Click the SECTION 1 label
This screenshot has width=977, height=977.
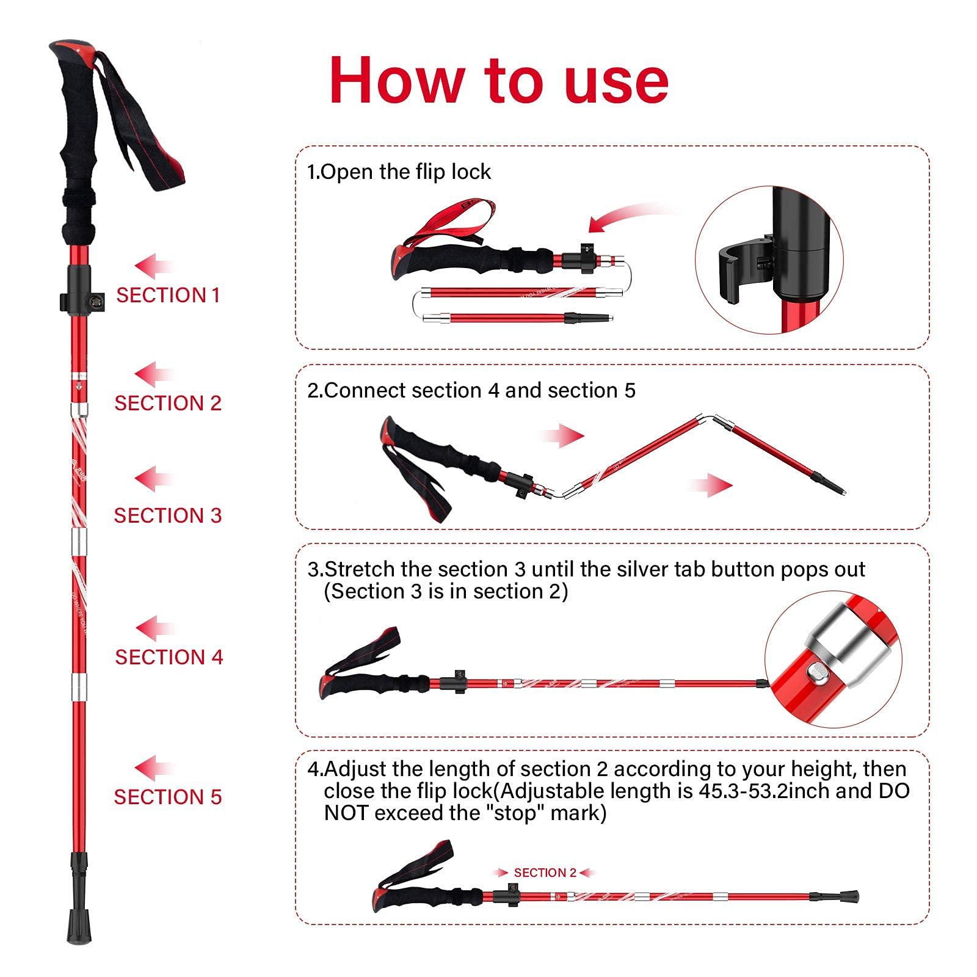(168, 296)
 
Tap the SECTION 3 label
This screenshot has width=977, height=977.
(168, 515)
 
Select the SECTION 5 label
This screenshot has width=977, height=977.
(168, 797)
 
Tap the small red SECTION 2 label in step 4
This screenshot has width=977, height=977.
(545, 873)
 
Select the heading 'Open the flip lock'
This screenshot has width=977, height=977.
(405, 172)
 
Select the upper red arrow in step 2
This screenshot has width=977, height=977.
(562, 436)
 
